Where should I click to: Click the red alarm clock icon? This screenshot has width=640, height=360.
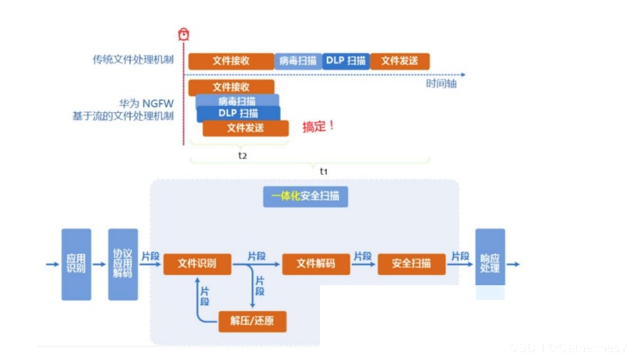pos(183,34)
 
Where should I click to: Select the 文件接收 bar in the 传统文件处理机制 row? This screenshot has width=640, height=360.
pos(230,60)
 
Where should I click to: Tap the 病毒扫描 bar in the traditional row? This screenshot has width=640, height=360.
pos(297,60)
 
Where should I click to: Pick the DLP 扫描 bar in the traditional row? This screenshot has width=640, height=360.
pos(345,60)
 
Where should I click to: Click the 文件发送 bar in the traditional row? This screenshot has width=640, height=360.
pos(399,60)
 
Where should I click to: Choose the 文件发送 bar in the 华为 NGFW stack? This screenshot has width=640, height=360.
pos(245,128)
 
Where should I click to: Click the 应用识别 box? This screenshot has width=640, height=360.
pos(76,264)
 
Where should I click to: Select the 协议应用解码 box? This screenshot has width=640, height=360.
pos(122,264)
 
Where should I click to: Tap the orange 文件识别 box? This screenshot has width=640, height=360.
pos(197,264)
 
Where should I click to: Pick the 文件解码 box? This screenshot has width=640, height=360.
pos(316,264)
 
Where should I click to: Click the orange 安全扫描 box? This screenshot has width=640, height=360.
pos(411,264)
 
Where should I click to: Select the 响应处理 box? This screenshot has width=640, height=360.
pos(490,264)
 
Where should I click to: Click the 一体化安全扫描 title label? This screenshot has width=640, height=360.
pos(305,196)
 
